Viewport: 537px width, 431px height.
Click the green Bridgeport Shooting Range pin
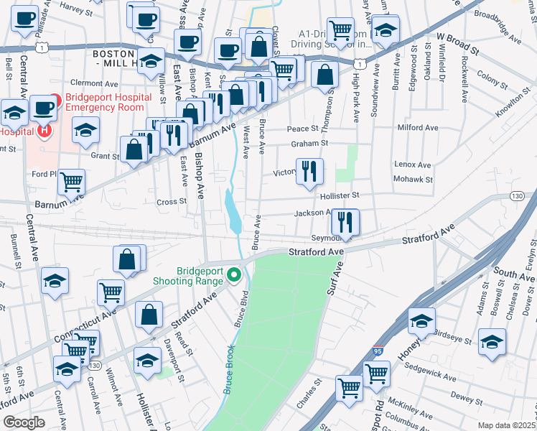(233, 275)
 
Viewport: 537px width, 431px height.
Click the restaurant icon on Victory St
(309, 170)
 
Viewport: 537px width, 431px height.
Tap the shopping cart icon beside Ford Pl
(72, 182)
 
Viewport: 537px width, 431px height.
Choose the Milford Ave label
(418, 128)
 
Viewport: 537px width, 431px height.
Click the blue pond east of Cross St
(233, 208)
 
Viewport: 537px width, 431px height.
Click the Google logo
(24, 422)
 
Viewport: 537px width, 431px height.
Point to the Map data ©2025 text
(506, 425)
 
